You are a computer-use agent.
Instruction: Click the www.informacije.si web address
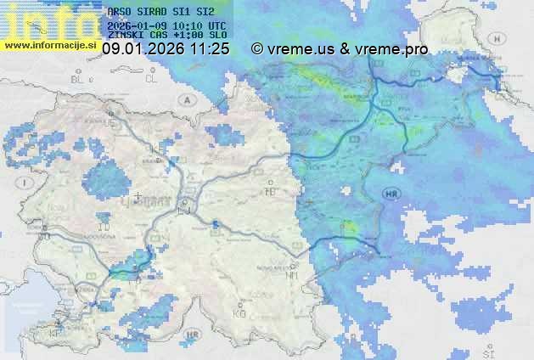(49, 45)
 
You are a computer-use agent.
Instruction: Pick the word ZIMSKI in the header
(124, 35)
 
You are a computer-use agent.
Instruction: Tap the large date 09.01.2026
(142, 49)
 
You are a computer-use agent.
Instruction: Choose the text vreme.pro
(390, 49)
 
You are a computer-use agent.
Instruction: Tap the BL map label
(79, 79)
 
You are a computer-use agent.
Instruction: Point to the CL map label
(151, 79)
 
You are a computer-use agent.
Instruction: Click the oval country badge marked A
(186, 99)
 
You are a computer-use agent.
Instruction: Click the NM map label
(292, 275)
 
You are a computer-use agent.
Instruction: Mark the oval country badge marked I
(27, 183)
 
